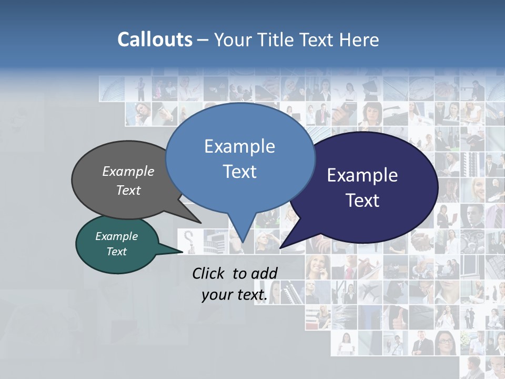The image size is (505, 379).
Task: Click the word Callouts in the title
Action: pos(155,39)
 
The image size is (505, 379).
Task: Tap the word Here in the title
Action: pos(359,39)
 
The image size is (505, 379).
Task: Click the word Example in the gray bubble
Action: pos(128,171)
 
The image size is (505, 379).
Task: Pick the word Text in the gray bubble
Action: pos(128,190)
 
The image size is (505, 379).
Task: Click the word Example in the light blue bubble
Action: pos(239,146)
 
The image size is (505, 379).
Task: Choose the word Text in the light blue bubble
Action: pos(239,172)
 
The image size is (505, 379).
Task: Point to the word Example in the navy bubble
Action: pos(362,175)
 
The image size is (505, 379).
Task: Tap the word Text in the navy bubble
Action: pos(362,201)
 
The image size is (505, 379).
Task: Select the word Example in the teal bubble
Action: pos(116,236)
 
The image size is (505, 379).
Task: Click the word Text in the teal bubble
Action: pos(116,252)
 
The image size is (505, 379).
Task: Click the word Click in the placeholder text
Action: pos(209,273)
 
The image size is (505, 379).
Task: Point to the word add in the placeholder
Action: pos(264,273)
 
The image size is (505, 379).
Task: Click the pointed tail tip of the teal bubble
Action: pos(183,252)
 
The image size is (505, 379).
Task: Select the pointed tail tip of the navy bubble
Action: pos(280,247)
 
